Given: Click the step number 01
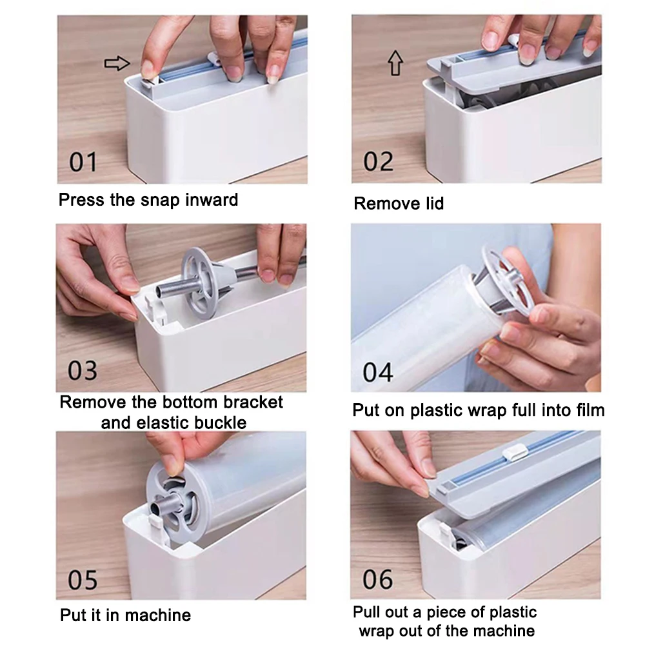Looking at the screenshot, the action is [x=83, y=162].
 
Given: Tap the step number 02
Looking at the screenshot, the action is [x=378, y=162].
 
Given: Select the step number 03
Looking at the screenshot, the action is [x=83, y=370].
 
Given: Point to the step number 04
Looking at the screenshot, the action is [x=377, y=372].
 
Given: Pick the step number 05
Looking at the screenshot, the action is [x=83, y=580].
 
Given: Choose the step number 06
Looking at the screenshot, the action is [x=377, y=579].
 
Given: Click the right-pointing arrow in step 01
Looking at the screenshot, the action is [x=117, y=63].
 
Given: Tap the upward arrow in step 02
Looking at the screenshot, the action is [x=396, y=63].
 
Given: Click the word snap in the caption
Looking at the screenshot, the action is [x=160, y=201].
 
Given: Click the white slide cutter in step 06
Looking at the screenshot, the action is [x=515, y=453].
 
